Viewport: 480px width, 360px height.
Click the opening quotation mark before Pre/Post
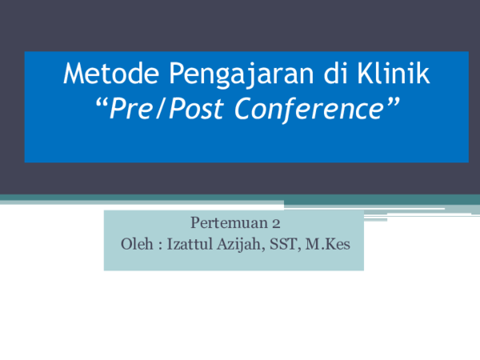click(x=100, y=106)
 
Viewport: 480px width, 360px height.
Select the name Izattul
click(x=188, y=243)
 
